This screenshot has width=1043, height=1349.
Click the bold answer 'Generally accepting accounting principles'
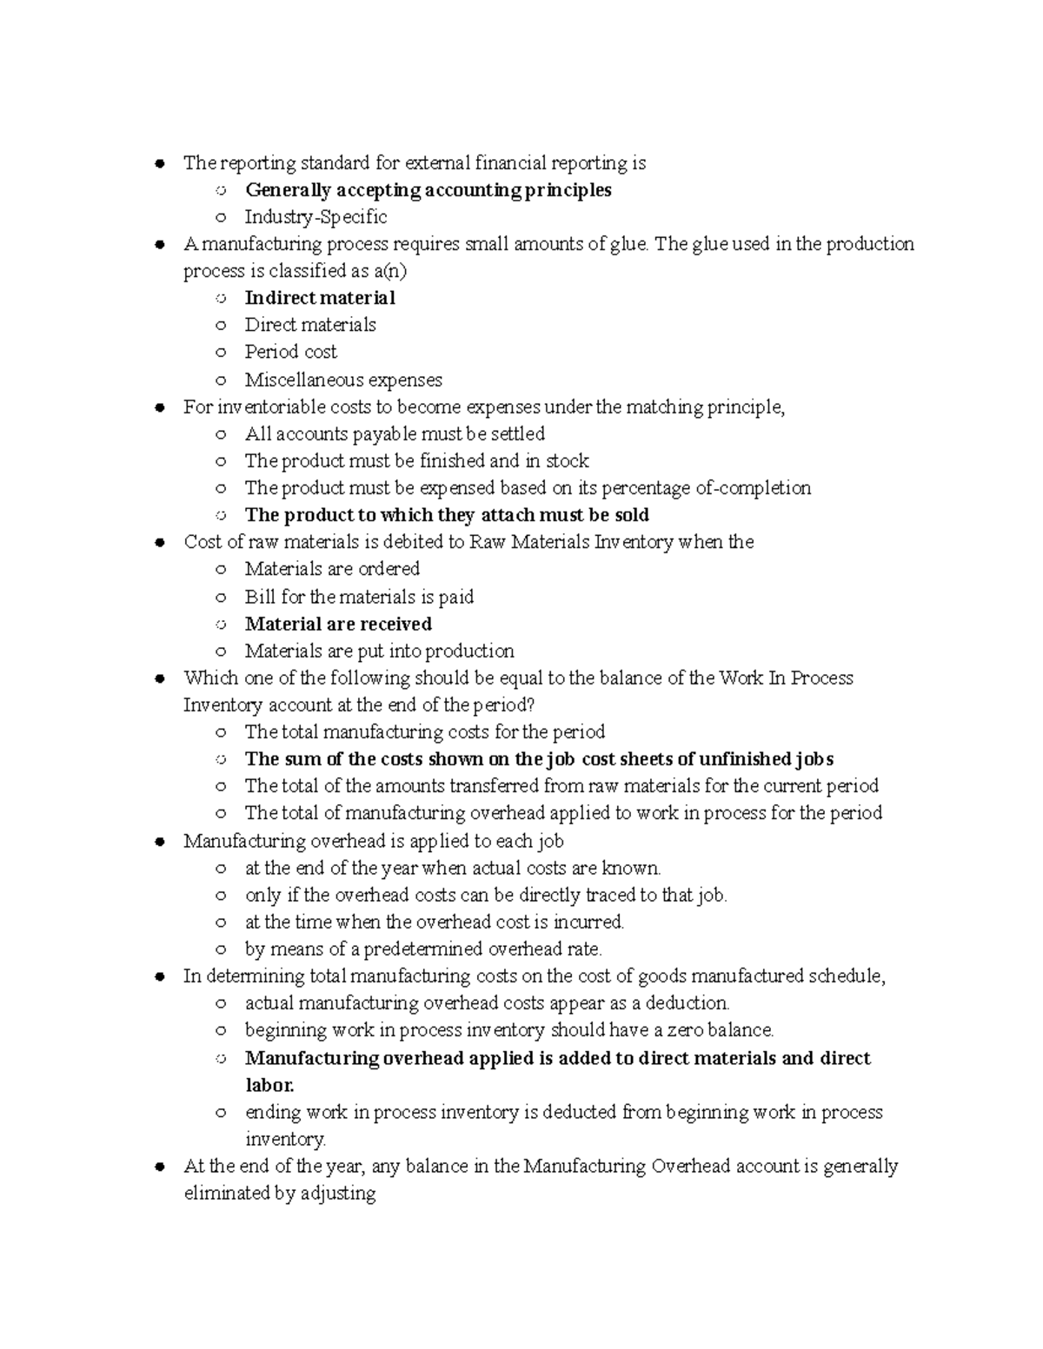[x=428, y=190]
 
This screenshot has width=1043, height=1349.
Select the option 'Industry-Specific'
[x=316, y=217]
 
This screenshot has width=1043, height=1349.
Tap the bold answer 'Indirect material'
[x=320, y=298]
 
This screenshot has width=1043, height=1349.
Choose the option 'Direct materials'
[x=310, y=325]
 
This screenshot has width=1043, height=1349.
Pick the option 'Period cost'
[x=290, y=352]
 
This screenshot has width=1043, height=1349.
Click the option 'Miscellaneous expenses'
[x=343, y=380]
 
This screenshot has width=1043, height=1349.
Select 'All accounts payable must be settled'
[x=395, y=433]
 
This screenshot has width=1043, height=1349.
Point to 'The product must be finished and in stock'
[x=416, y=460]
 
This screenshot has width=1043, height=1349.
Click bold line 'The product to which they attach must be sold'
[x=447, y=515]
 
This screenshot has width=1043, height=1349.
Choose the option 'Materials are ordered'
[x=332, y=569]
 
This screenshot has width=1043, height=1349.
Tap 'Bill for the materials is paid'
[x=359, y=597]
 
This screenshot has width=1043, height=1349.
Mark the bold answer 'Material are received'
[x=338, y=624]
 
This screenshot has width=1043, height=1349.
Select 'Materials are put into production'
[x=379, y=651]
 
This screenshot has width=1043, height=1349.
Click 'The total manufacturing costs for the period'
[x=424, y=731]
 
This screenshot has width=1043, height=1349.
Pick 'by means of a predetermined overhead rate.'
[x=423, y=949]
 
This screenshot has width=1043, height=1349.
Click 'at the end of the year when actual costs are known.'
[x=453, y=868]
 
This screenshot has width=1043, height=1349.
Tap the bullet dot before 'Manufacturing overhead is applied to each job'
[x=159, y=842]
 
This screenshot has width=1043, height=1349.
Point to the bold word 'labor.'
[x=269, y=1085]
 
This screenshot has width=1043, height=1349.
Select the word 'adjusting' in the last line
[x=338, y=1194]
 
